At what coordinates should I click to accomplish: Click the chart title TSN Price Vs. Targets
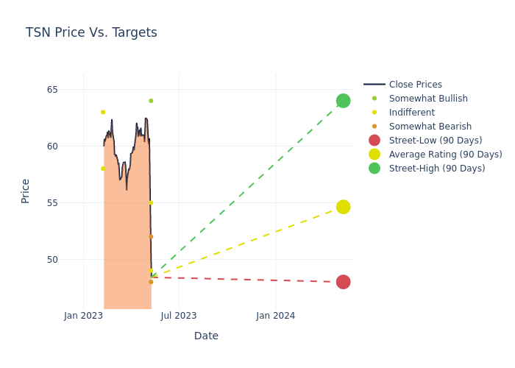[x=91, y=32]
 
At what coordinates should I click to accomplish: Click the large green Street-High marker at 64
[x=343, y=101]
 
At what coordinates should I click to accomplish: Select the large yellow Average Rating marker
[x=343, y=207]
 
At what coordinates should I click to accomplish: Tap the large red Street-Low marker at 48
[x=343, y=282]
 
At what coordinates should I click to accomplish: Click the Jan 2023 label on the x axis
[x=83, y=316]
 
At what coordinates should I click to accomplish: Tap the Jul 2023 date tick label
[x=179, y=316]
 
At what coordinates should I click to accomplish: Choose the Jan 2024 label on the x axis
[x=276, y=316]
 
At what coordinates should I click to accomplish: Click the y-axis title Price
[x=26, y=191]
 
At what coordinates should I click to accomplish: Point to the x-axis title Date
[x=206, y=336]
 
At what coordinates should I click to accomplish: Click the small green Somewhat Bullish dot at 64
[x=151, y=101]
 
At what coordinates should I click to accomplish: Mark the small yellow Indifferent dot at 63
[x=103, y=112]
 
